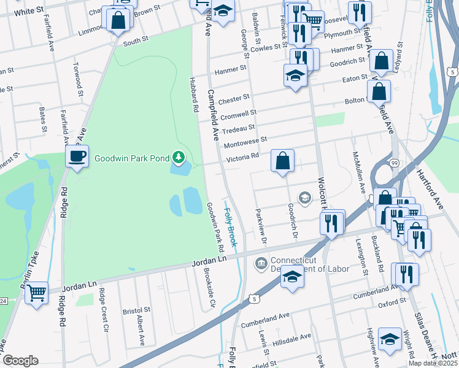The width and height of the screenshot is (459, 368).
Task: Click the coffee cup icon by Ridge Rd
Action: click(77, 157)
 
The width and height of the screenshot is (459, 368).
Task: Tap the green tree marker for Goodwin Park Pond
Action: click(179, 158)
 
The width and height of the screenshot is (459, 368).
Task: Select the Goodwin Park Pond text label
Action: click(131, 158)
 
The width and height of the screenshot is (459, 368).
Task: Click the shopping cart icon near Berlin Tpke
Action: click(37, 293)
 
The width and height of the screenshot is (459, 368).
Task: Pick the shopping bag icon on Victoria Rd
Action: click(282, 161)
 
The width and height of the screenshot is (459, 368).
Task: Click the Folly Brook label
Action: click(231, 228)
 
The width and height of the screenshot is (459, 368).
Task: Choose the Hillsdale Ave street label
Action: click(292, 338)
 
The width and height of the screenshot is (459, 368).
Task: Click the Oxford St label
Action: click(393, 302)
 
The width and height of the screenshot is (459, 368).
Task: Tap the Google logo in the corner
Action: click(20, 361)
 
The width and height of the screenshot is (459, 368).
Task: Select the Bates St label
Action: click(43, 120)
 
